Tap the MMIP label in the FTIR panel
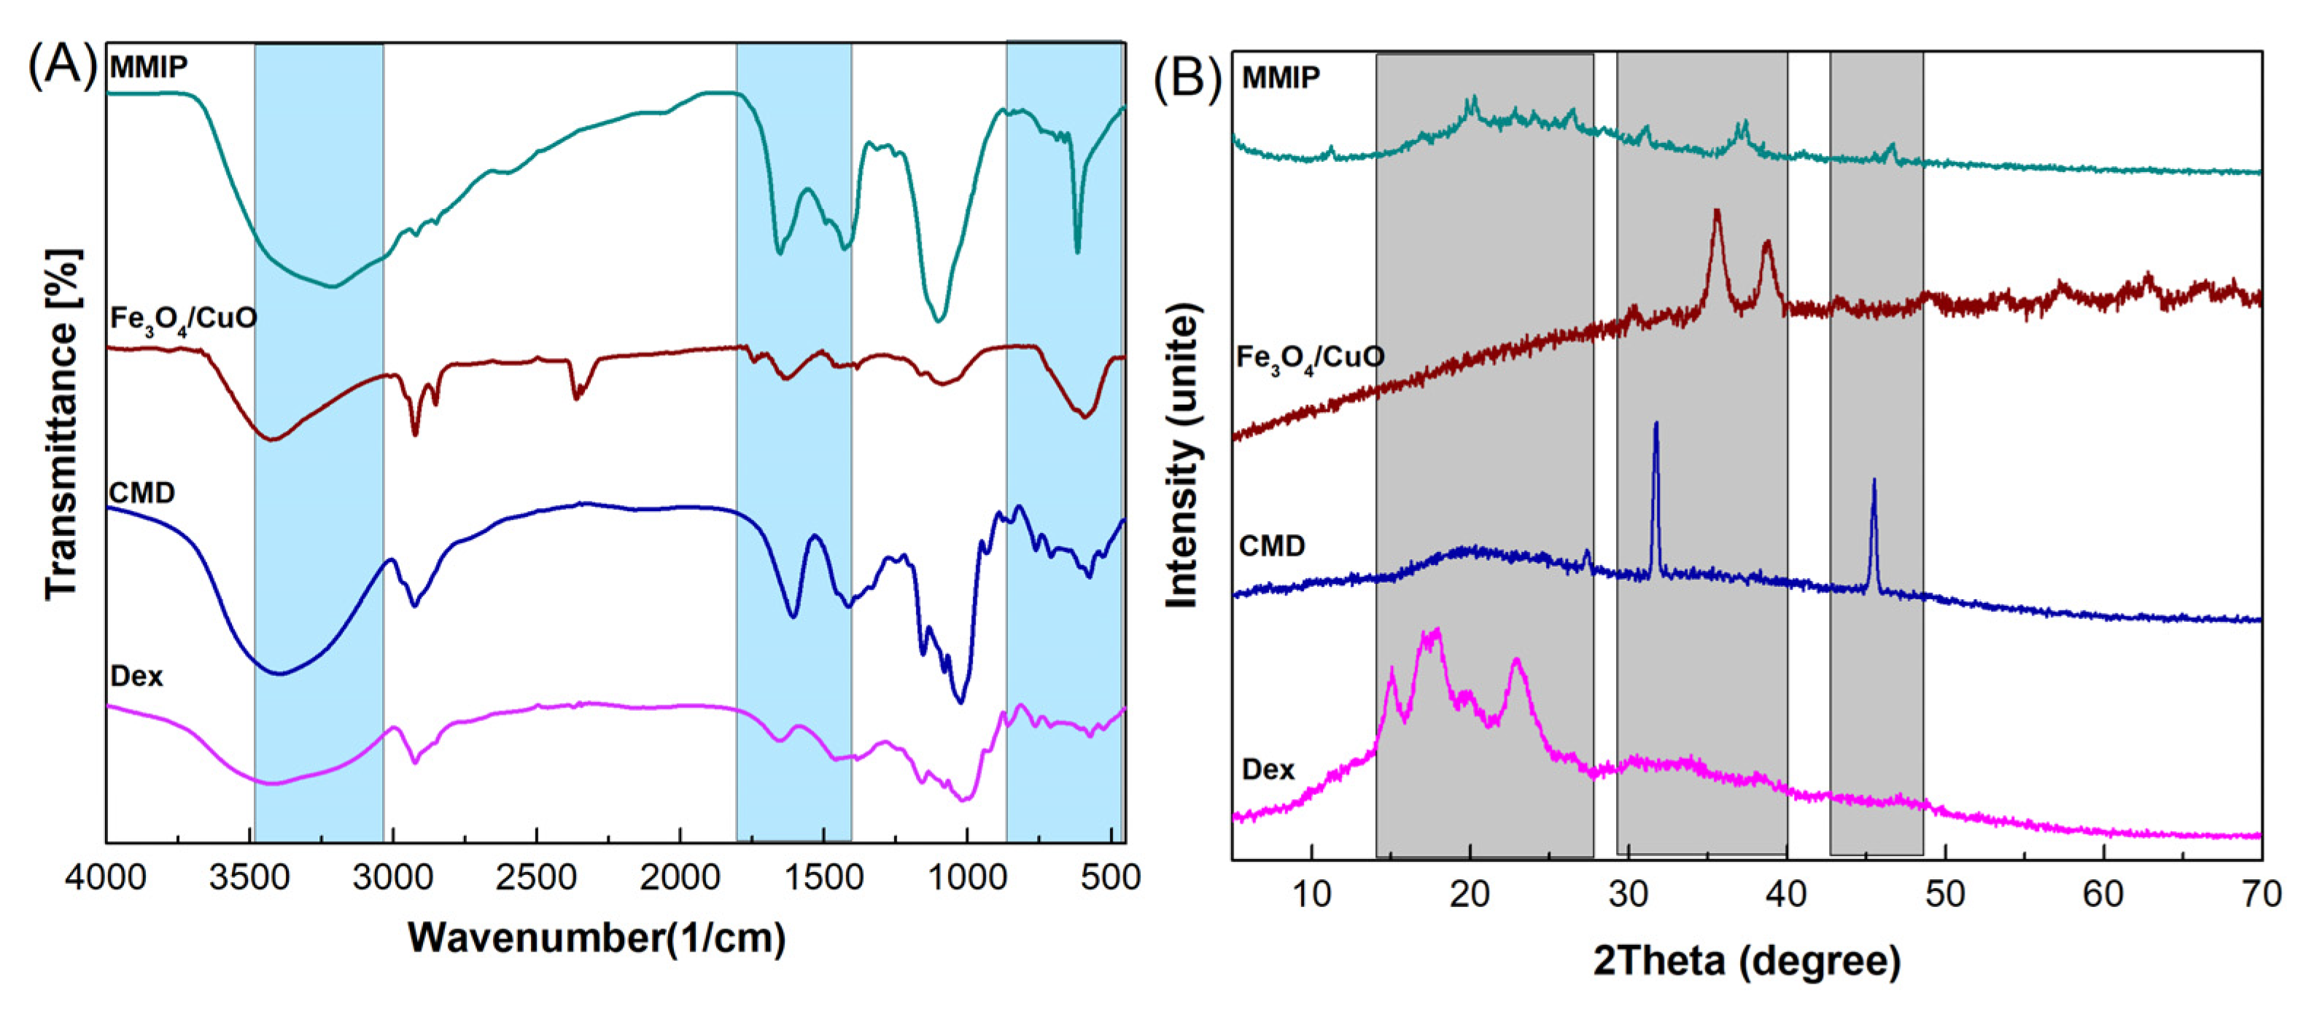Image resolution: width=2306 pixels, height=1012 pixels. pyautogui.click(x=149, y=67)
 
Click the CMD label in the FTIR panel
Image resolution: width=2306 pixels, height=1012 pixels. pyautogui.click(x=141, y=493)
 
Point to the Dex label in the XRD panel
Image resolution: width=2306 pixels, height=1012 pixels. pyautogui.click(x=1268, y=769)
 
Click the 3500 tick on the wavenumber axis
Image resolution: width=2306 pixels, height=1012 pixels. pyautogui.click(x=249, y=878)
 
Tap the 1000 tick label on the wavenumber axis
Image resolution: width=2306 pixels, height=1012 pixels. pyautogui.click(x=967, y=878)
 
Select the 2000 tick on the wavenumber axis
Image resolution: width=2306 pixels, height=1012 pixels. pyautogui.click(x=680, y=878)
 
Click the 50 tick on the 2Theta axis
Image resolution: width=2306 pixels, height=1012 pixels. pyautogui.click(x=1944, y=894)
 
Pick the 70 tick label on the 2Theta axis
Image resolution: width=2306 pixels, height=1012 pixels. pyautogui.click(x=2260, y=894)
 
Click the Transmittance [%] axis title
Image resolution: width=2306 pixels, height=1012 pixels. pyautogui.click(x=63, y=424)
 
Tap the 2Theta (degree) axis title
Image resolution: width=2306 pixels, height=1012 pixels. pyautogui.click(x=1747, y=961)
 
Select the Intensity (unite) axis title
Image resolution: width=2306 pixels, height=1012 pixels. pyautogui.click(x=1183, y=456)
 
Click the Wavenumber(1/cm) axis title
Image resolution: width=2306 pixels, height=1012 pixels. pyautogui.click(x=597, y=938)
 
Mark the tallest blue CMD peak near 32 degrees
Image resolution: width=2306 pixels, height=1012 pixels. pyautogui.click(x=1656, y=426)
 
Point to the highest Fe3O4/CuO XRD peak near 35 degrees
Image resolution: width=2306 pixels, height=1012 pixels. pyautogui.click(x=1716, y=212)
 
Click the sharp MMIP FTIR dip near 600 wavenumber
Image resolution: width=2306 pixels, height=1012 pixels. pyautogui.click(x=1078, y=252)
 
